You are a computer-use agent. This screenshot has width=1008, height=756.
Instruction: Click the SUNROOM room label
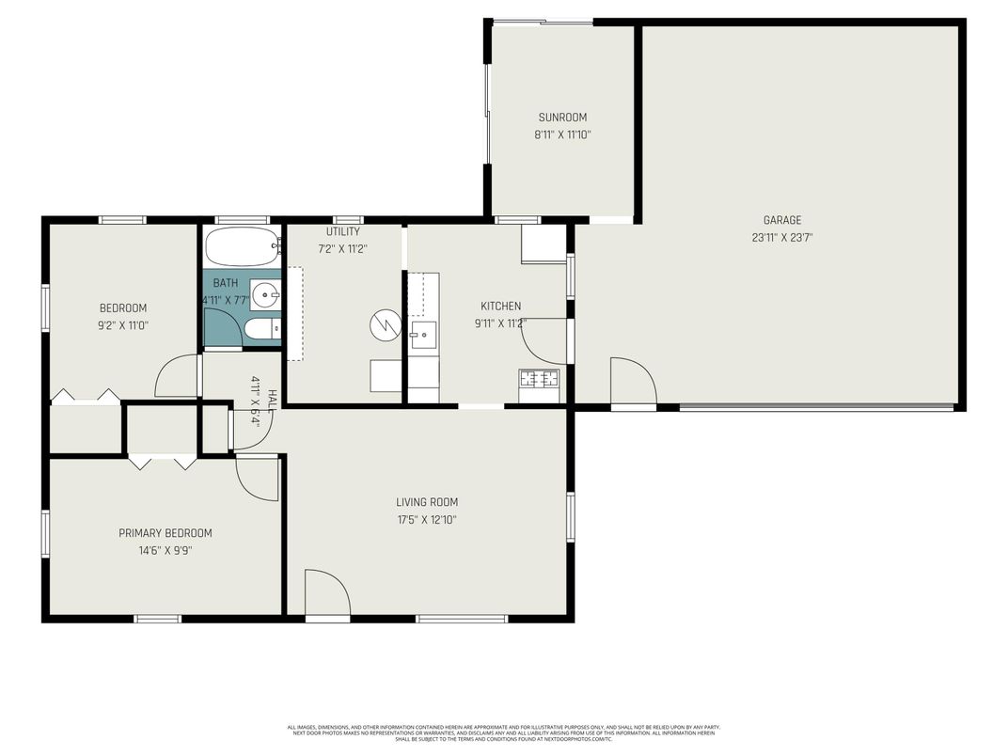(x=562, y=118)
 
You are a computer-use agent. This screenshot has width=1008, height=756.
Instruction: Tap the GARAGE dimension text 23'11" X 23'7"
(x=781, y=238)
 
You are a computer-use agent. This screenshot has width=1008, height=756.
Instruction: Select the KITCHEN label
(x=500, y=306)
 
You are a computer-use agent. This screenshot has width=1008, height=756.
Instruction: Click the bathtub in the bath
(x=243, y=247)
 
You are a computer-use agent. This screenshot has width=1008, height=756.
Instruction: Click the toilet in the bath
(x=260, y=329)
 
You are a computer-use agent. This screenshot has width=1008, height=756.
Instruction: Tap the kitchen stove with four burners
(x=539, y=379)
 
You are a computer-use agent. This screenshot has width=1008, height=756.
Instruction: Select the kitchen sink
(x=422, y=332)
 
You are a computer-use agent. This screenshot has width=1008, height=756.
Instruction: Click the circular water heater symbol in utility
(x=385, y=325)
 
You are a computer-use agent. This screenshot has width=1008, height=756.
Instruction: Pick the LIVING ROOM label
(x=426, y=502)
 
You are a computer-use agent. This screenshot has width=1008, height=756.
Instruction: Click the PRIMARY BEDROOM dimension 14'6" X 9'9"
(x=165, y=551)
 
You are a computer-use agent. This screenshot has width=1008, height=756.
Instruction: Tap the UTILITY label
(x=342, y=231)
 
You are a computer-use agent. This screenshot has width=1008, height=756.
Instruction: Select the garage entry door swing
(x=633, y=381)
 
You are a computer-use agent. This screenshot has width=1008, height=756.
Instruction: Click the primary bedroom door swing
(x=257, y=478)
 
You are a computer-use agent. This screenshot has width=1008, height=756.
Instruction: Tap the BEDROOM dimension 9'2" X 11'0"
(x=123, y=325)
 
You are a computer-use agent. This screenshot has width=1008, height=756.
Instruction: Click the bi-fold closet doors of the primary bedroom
(x=163, y=461)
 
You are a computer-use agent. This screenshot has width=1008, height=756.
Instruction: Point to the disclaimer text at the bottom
(x=503, y=732)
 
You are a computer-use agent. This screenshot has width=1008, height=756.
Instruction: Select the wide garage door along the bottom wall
(x=816, y=408)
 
